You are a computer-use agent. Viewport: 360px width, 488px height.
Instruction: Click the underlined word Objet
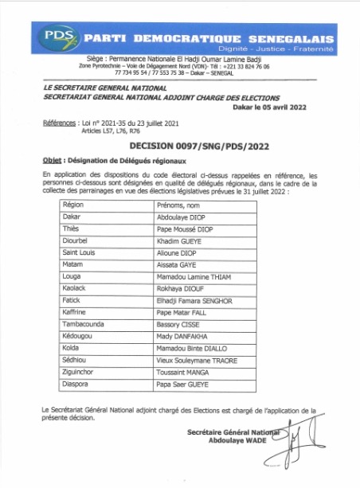(53, 160)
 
